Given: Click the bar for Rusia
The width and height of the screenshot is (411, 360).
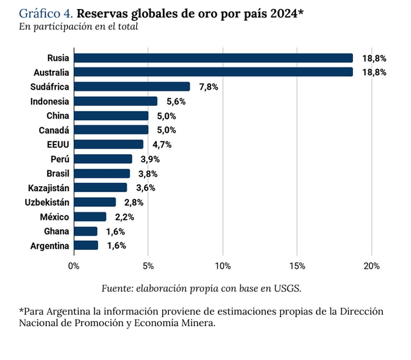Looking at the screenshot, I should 213,58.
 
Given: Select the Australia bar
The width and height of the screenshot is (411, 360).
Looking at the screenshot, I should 213,72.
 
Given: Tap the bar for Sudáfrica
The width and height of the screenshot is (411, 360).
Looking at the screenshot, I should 132,87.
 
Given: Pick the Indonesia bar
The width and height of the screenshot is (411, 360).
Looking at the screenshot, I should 115,101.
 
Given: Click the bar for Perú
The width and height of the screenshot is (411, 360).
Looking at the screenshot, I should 103,159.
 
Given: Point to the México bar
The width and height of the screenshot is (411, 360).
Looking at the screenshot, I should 90,217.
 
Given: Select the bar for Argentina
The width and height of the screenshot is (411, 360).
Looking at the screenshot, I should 86,245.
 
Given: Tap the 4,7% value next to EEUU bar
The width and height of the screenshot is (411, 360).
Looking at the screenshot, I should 162,145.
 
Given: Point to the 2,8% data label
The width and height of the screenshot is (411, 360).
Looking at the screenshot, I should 134,202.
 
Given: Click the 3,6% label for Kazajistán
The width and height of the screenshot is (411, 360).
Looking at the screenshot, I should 146,188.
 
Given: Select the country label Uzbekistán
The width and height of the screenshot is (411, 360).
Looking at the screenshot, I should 47,202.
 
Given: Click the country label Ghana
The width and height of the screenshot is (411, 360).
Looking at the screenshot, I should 56,231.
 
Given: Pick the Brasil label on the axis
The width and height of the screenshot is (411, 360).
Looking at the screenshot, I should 58,173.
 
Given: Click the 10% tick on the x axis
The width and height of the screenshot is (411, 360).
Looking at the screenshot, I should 223,265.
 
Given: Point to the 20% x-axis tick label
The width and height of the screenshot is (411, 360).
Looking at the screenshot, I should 372,265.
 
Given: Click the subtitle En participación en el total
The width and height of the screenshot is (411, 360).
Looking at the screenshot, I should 78,26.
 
